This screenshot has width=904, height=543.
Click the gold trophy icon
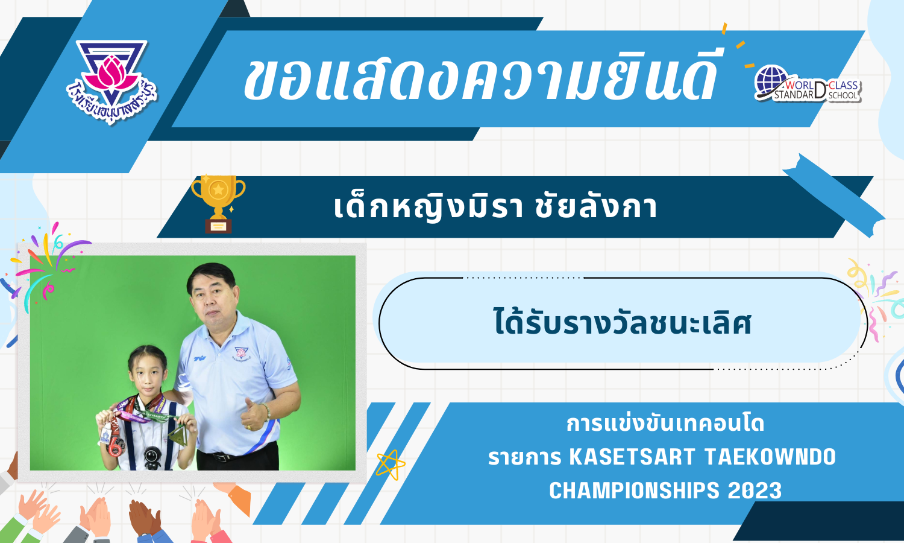pyautogui.click(x=218, y=204)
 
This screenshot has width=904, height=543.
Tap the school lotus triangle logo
pyautogui.click(x=111, y=81)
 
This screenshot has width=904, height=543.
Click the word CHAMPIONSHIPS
pyautogui.click(x=634, y=491)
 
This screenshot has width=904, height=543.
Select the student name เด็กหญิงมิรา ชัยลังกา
pyautogui.click(x=495, y=207)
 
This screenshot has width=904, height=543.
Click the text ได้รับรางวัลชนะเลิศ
pyautogui.click(x=623, y=322)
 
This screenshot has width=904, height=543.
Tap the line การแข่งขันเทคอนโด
pyautogui.click(x=665, y=423)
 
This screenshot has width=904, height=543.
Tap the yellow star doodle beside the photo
pyautogui.click(x=391, y=465)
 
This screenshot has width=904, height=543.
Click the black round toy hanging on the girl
pyautogui.click(x=152, y=457)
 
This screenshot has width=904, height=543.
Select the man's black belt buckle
pyautogui.click(x=222, y=457)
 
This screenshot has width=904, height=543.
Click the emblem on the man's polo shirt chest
pyautogui.click(x=241, y=353)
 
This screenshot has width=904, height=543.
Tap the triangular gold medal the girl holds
pyautogui.click(x=178, y=436)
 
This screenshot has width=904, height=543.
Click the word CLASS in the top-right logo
pyautogui.click(x=844, y=85)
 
